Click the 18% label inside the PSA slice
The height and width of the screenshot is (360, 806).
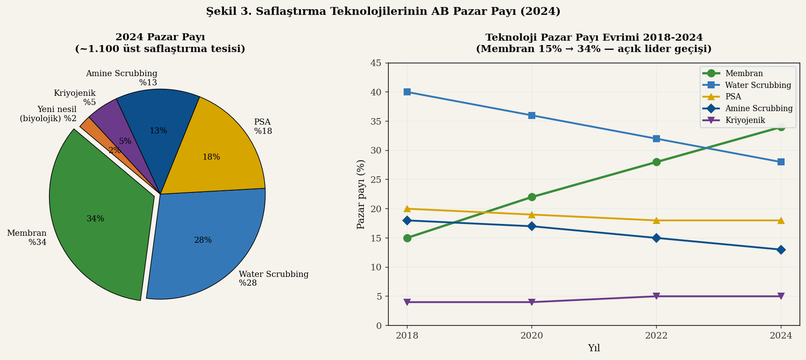(x=211, y=157)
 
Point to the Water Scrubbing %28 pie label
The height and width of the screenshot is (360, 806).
(x=273, y=279)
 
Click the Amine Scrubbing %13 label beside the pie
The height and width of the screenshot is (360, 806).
(x=122, y=78)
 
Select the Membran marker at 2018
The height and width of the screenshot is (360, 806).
(x=407, y=238)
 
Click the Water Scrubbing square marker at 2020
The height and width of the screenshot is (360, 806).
(x=532, y=115)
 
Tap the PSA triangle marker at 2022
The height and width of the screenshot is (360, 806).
(x=656, y=220)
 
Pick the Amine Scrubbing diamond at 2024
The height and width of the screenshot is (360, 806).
(x=781, y=250)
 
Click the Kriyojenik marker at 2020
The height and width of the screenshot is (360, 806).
(x=532, y=302)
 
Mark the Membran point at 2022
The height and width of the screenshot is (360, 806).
(x=656, y=162)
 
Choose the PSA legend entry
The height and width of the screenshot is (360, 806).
(x=733, y=97)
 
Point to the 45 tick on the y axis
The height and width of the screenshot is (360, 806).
(x=376, y=63)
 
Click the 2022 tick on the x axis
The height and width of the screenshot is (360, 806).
(x=656, y=336)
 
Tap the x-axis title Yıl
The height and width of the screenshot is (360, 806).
(x=594, y=348)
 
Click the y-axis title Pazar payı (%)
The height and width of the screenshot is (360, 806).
(x=361, y=194)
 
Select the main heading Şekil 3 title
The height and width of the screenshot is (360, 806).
(x=383, y=11)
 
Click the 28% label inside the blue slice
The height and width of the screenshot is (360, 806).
(x=203, y=240)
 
